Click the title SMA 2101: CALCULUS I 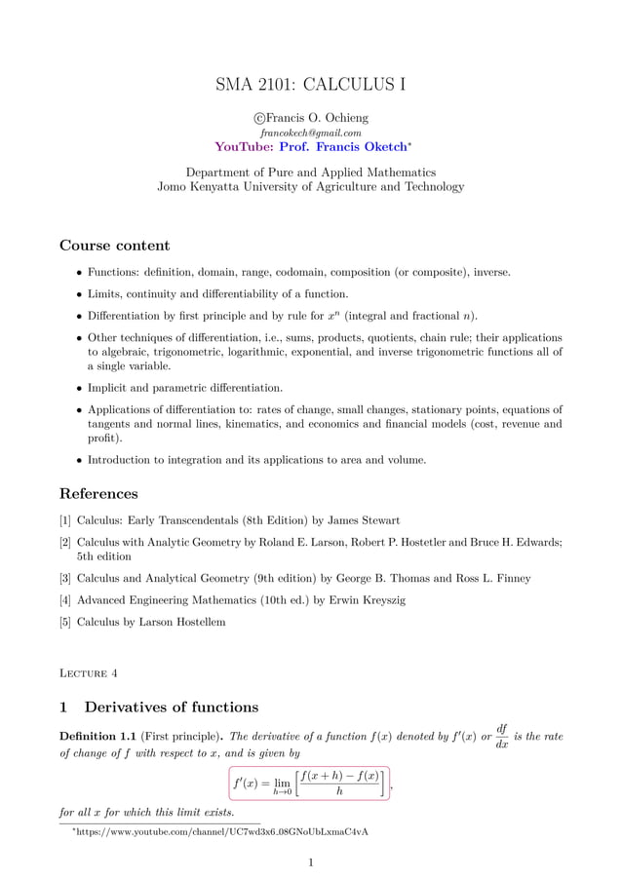tap(310, 84)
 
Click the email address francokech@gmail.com tap(310, 132)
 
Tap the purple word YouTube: tap(244, 146)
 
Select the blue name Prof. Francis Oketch tap(342, 146)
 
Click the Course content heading tap(114, 245)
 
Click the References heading tap(98, 493)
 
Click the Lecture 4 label tap(89, 672)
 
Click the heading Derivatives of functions tap(172, 707)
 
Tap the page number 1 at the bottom tap(310, 860)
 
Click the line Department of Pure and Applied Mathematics tap(310, 172)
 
